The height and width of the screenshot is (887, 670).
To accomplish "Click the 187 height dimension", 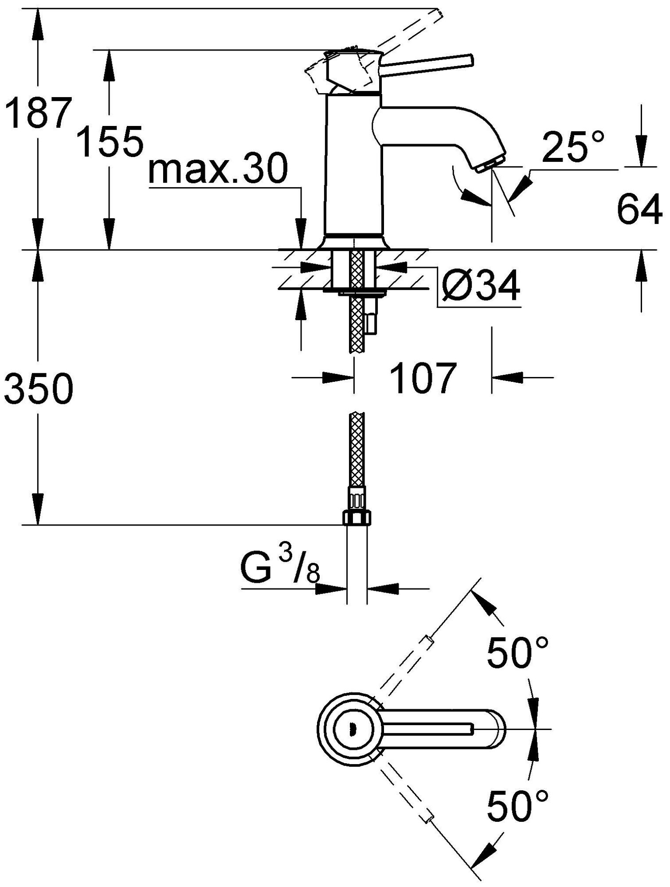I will click(39, 114).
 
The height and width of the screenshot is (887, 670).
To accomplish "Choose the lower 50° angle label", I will click(517, 802).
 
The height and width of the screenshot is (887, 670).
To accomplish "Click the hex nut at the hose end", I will click(357, 518).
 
